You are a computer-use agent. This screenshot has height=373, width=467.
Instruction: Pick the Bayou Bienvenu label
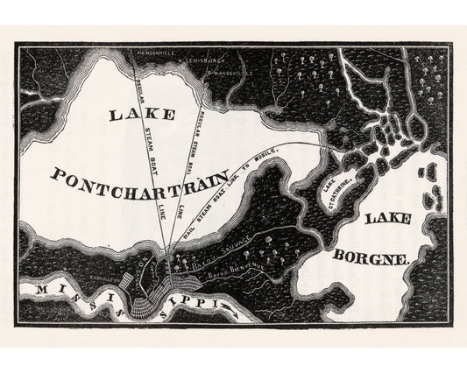pyautogui.click(x=235, y=278)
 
